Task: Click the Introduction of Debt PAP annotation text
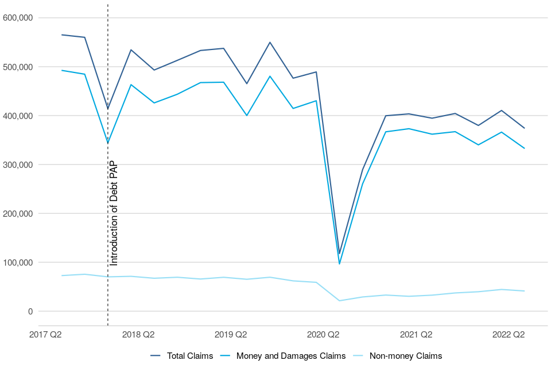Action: point(114,213)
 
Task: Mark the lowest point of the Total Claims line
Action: point(339,254)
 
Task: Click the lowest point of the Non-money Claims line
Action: point(339,301)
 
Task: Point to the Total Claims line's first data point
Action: point(62,34)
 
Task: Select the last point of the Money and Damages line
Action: point(524,148)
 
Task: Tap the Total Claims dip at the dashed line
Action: point(108,109)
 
